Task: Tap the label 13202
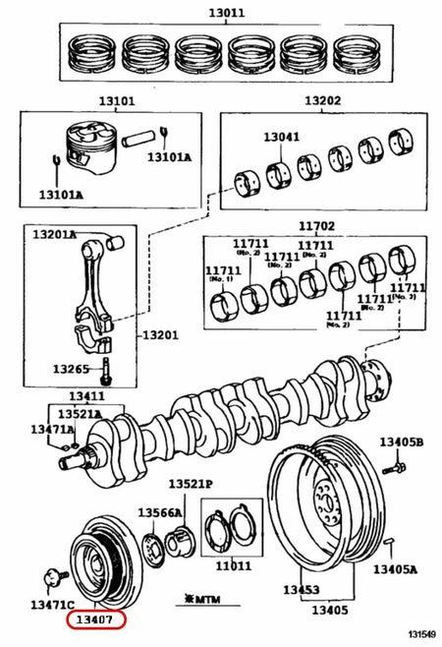pyautogui.click(x=322, y=100)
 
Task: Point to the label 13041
pyautogui.click(x=282, y=139)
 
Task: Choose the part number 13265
pyautogui.click(x=70, y=371)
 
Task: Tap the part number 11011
pyautogui.click(x=234, y=566)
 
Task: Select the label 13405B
pyautogui.click(x=403, y=443)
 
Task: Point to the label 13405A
pyautogui.click(x=396, y=568)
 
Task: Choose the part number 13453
pyautogui.click(x=302, y=589)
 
